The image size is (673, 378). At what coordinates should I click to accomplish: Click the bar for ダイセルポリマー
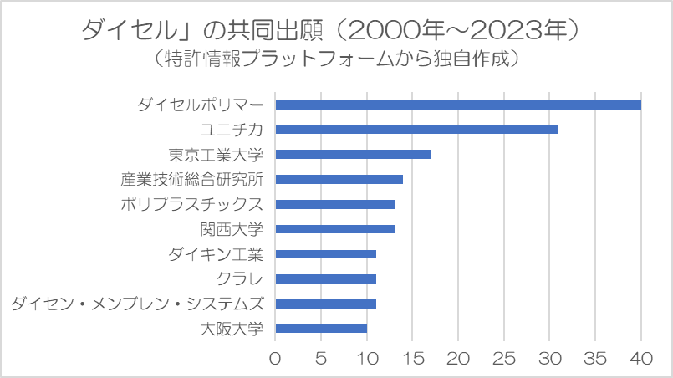point(458,105)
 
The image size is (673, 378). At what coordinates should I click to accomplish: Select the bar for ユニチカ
point(417,130)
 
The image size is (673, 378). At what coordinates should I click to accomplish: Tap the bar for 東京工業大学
point(353,155)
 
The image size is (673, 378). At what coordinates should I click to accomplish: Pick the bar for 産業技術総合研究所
point(339,180)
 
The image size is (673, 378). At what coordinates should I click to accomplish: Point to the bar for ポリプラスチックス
point(334,204)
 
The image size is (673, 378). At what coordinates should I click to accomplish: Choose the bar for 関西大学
point(334,229)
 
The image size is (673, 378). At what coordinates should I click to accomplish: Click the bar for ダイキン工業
point(326,254)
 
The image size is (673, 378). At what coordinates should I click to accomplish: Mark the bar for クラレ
point(326,279)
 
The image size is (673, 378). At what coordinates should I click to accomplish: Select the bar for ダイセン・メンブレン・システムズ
point(326,304)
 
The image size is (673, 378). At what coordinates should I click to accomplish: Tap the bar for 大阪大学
point(321,329)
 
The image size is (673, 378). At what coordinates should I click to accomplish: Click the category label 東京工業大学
point(216,155)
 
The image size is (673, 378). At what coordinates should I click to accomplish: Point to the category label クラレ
point(239,279)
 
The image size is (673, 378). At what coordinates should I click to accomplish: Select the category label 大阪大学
point(232,329)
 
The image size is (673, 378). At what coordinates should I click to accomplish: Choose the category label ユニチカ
point(232,130)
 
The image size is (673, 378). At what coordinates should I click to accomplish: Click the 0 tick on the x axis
point(275,358)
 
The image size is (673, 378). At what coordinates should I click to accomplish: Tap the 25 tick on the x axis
point(504,358)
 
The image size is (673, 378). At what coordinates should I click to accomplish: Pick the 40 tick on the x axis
point(641,358)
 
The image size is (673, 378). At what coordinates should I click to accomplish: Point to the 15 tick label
point(412,358)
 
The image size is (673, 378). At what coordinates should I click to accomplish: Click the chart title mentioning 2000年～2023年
point(330,30)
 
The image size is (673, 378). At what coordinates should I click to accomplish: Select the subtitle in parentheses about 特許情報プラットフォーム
point(336,59)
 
